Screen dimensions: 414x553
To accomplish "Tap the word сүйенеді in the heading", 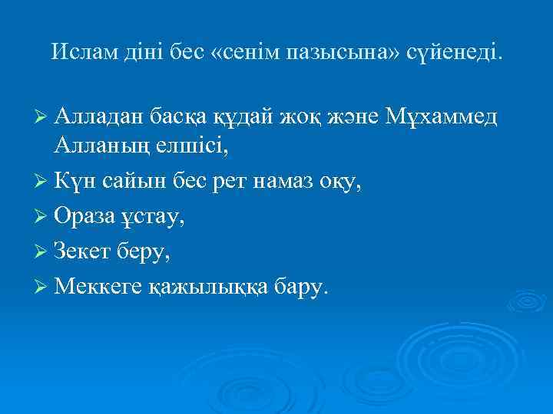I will coord(456,54).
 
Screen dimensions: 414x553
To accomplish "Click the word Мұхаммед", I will coord(445,117).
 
